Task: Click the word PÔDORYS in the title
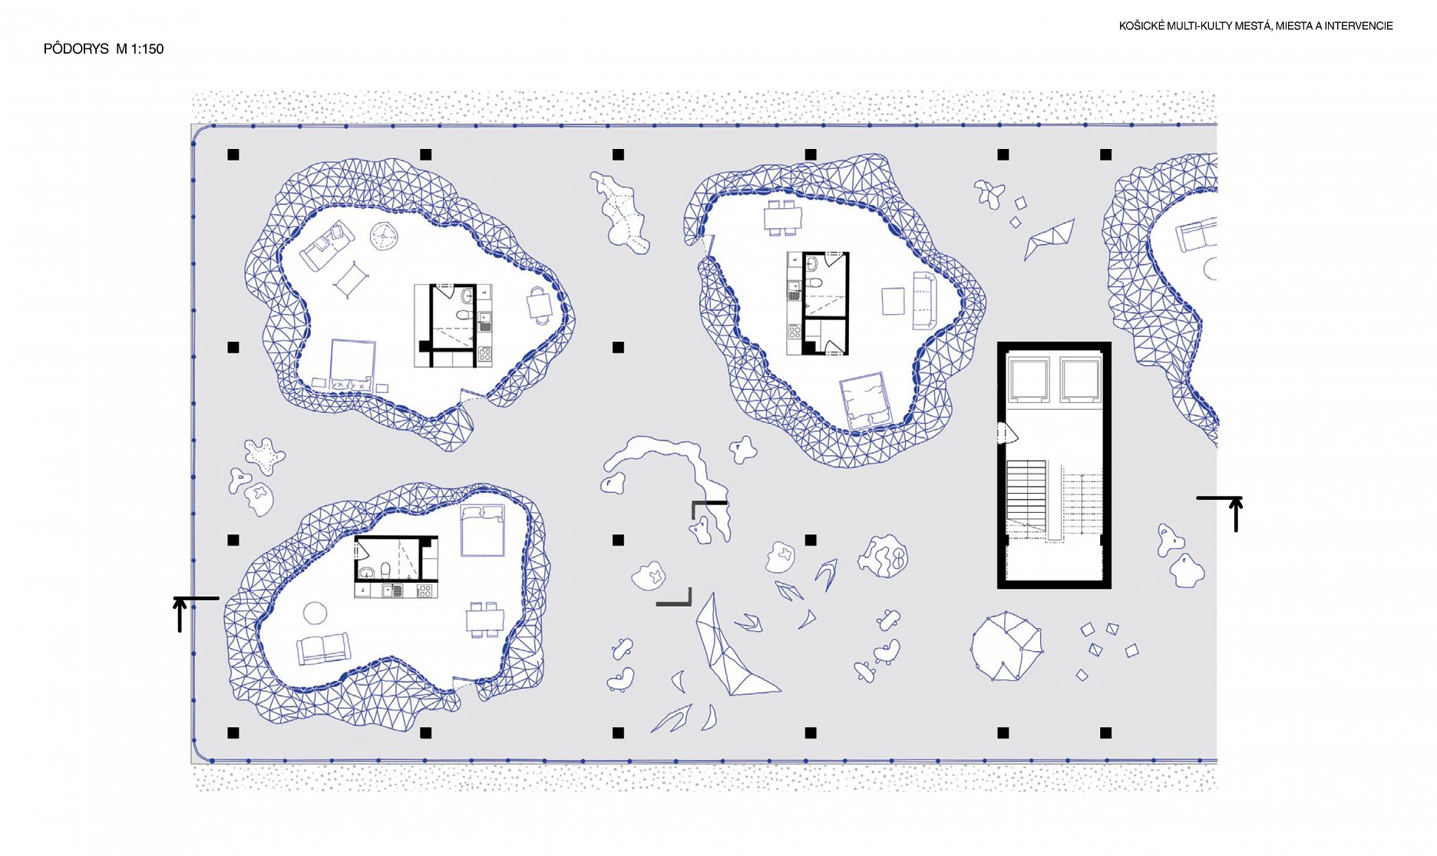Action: click(76, 48)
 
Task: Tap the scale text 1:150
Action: click(147, 49)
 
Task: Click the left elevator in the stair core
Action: click(1029, 379)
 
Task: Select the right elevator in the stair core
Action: click(1080, 379)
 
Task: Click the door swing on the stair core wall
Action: click(1007, 434)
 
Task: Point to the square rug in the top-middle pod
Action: click(894, 301)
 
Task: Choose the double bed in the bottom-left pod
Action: click(482, 530)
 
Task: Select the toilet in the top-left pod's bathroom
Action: click(463, 314)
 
